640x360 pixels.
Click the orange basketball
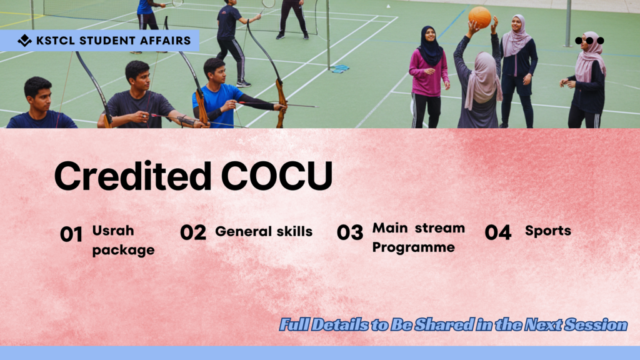click(479, 17)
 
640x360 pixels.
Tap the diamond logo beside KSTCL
click(24, 41)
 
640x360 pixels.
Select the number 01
click(71, 234)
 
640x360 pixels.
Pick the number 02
click(193, 232)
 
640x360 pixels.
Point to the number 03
click(350, 232)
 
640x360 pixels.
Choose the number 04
click(498, 232)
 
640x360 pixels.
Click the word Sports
click(547, 231)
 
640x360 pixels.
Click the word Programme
click(414, 247)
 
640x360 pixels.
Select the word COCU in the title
click(277, 176)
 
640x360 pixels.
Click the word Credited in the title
click(133, 176)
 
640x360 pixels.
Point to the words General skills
click(264, 231)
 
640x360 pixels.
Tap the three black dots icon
click(589, 41)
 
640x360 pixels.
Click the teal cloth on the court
click(339, 69)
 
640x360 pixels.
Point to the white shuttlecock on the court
click(388, 6)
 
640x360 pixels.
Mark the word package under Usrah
click(123, 250)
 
